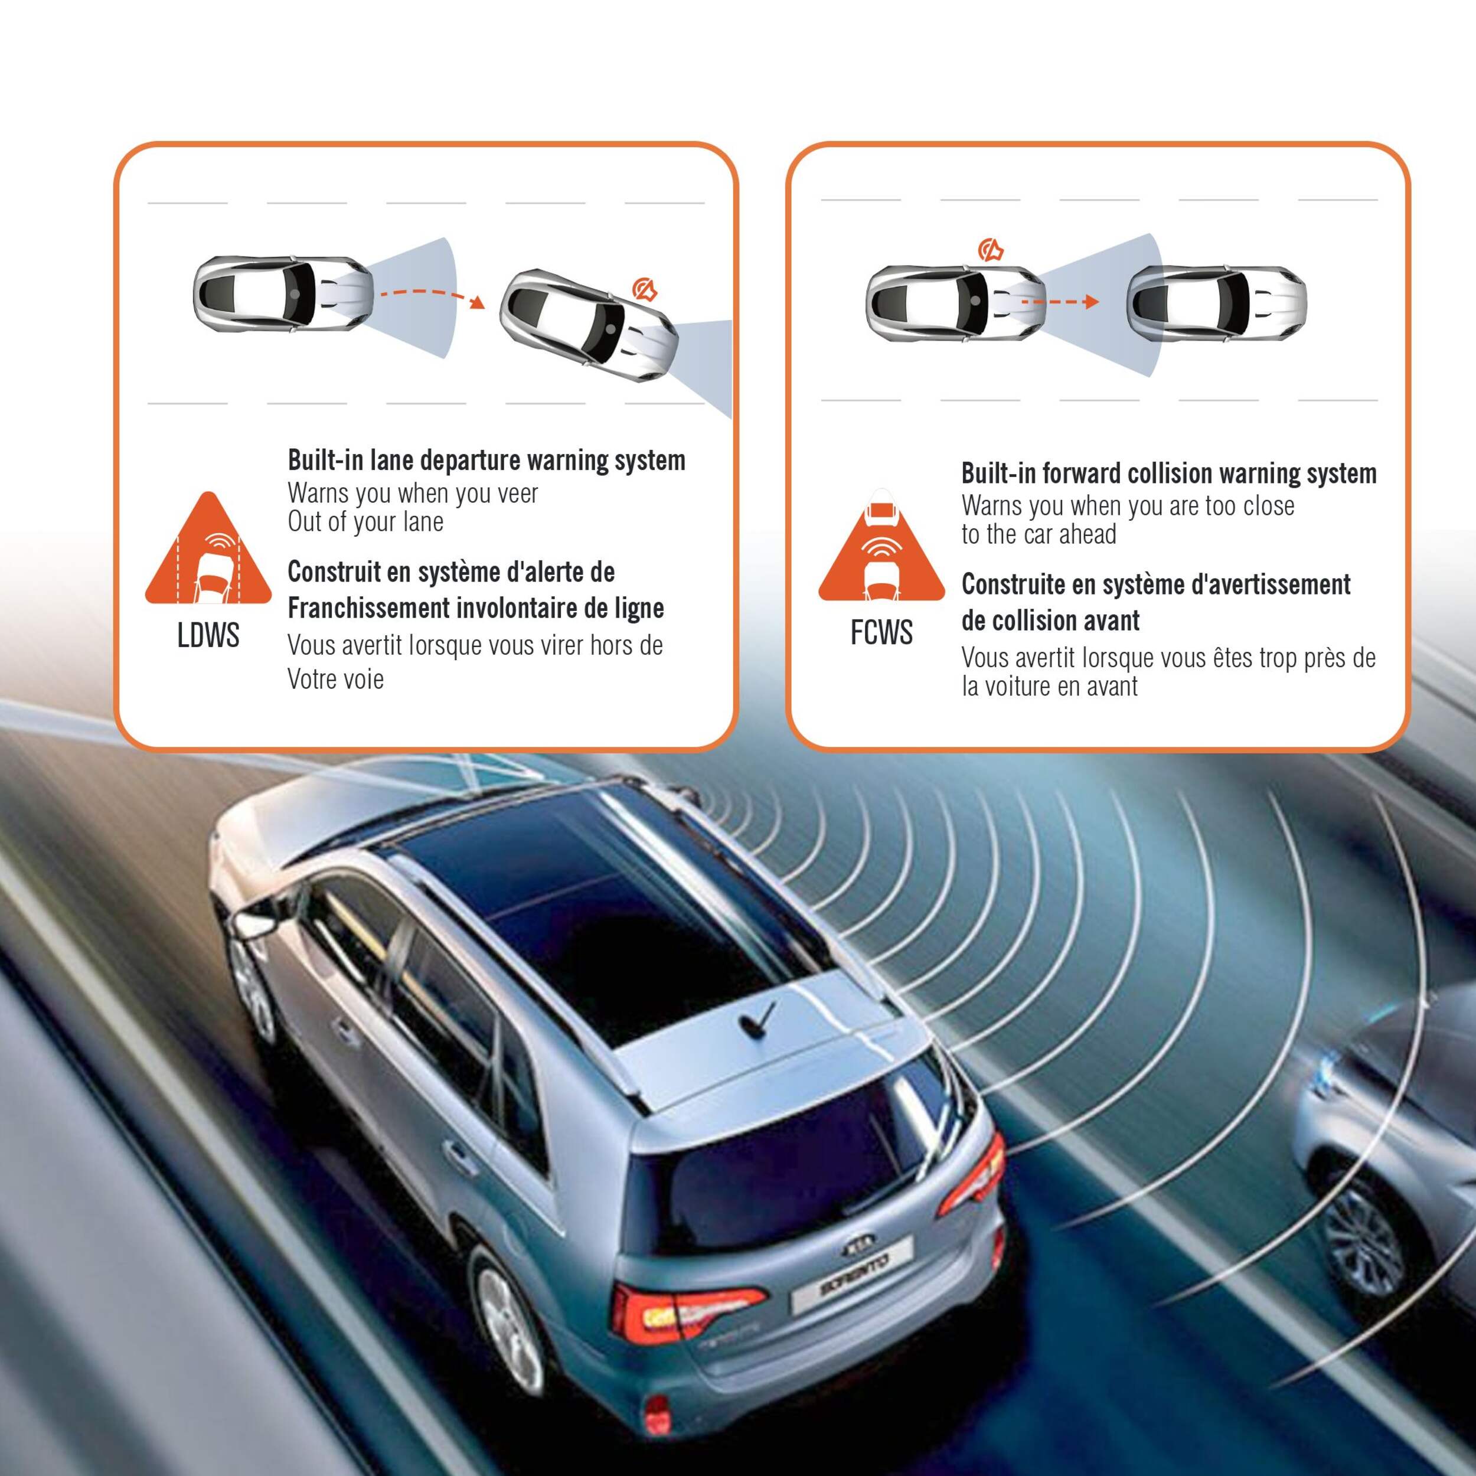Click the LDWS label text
[x=208, y=635]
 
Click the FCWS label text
[x=881, y=632]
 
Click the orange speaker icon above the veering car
[x=645, y=289]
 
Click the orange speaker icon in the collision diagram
[x=990, y=249]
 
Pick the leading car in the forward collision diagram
[x=1216, y=302]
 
